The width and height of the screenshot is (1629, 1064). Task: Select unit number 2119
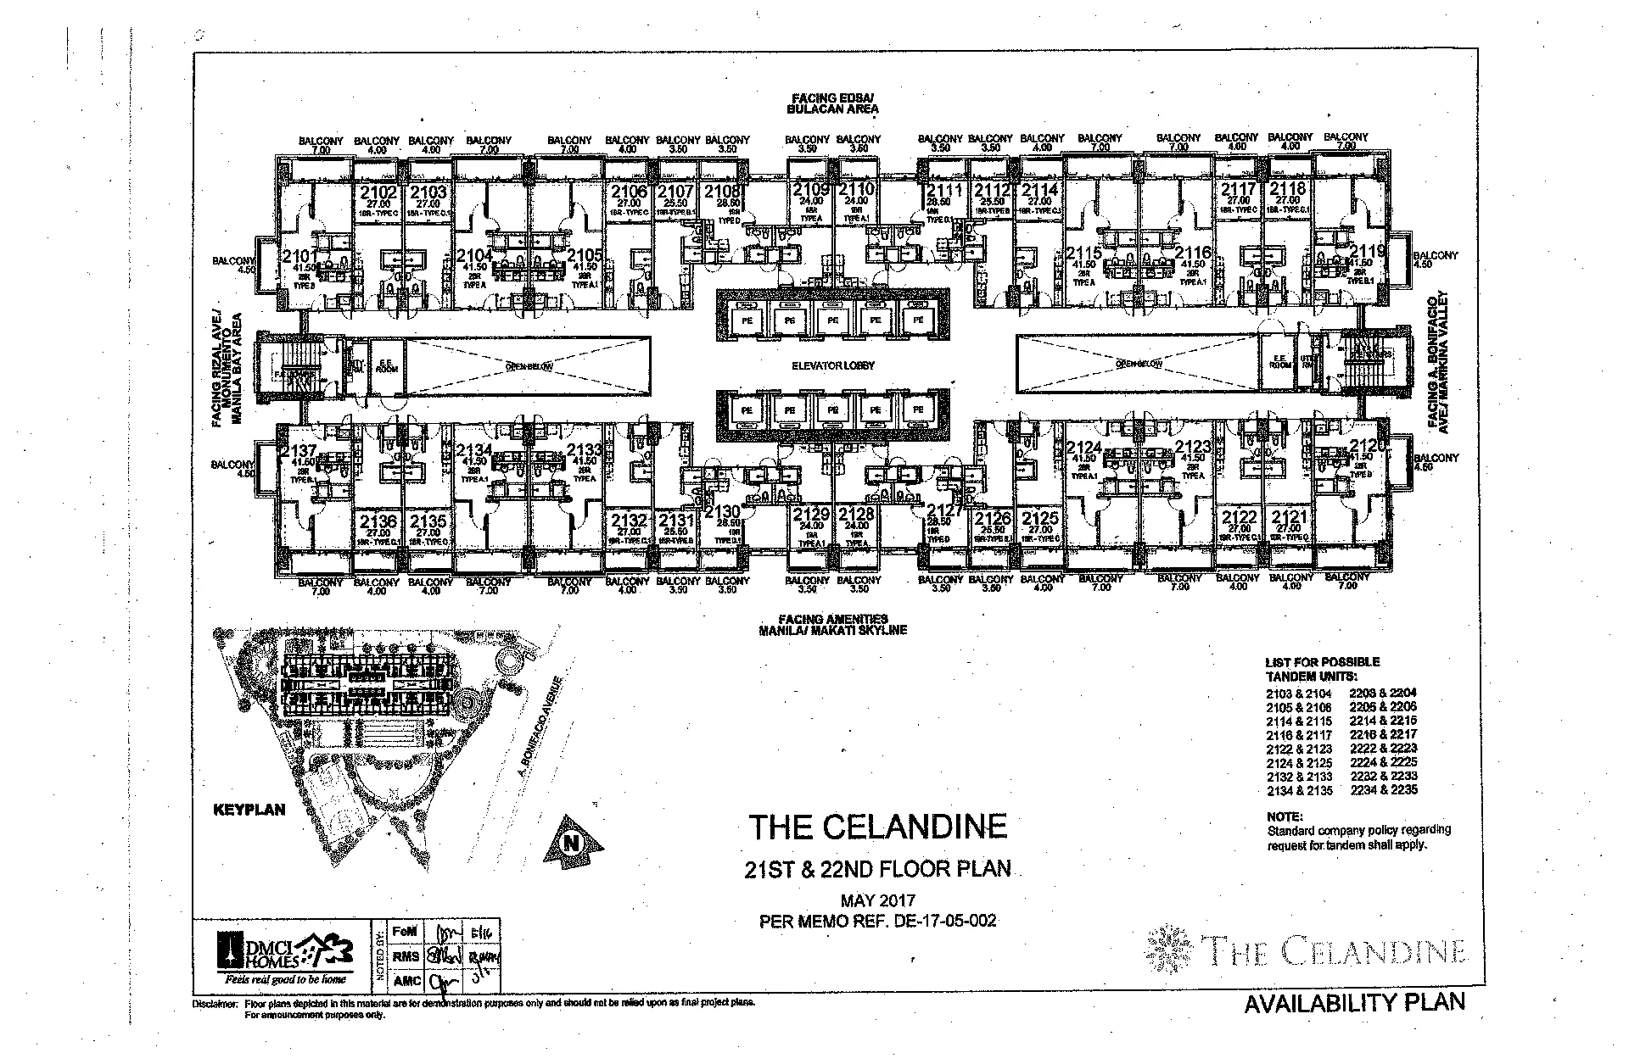1368,252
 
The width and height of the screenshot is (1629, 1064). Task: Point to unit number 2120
1368,446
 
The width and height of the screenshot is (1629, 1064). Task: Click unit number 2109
810,190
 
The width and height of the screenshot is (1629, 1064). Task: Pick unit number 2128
855,514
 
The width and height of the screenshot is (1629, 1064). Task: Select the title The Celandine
877,826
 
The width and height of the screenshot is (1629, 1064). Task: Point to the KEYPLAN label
249,810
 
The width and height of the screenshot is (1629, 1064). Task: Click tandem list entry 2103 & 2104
1298,694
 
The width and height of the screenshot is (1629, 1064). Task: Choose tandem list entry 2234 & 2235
1383,790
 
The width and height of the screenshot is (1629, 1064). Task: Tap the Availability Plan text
1354,1003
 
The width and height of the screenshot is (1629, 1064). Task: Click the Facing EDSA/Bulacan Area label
831,103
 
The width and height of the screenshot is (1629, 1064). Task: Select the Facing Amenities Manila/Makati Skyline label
833,625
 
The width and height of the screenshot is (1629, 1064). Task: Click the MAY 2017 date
877,901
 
